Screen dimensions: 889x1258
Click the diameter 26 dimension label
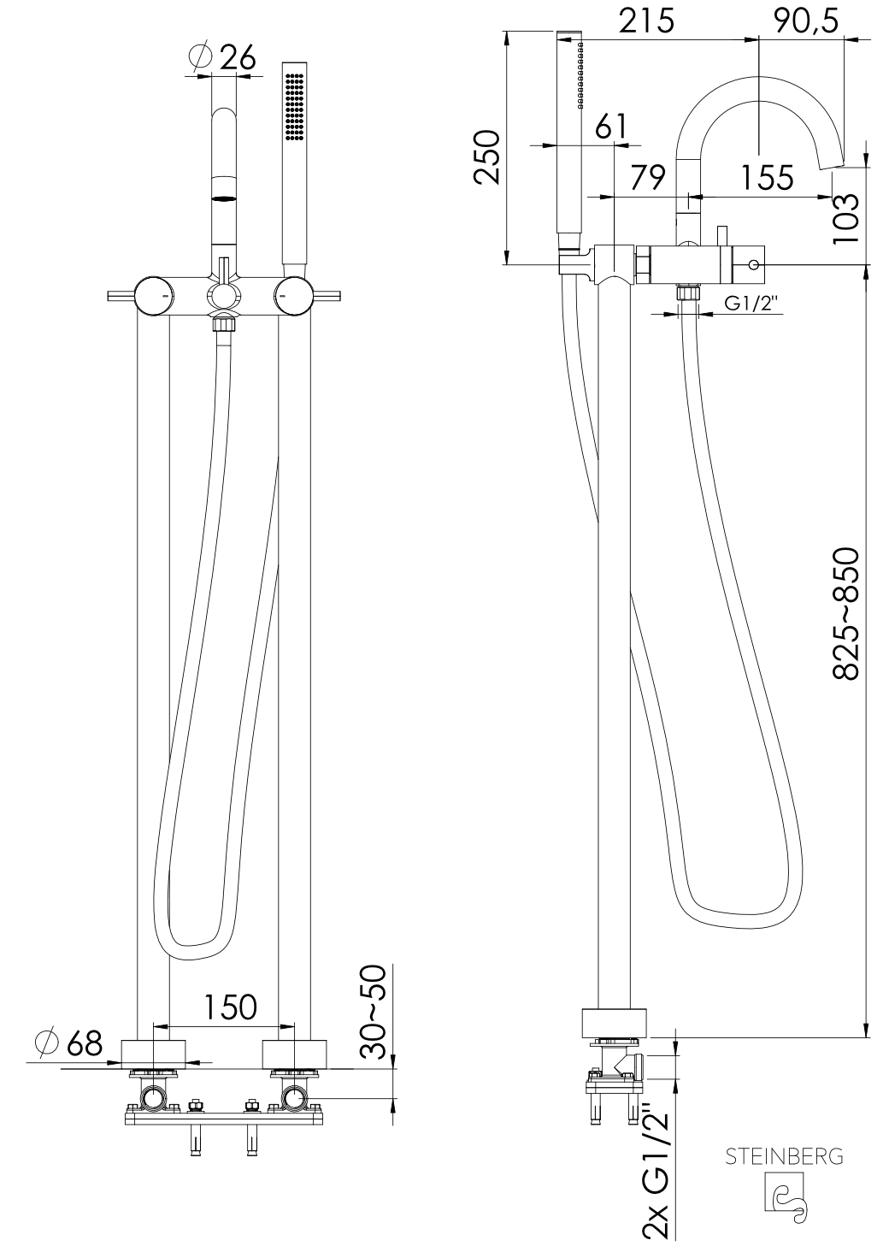point(223,56)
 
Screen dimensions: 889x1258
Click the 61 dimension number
point(610,127)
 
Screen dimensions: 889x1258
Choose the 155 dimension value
point(768,178)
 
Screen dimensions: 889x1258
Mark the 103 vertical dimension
point(845,217)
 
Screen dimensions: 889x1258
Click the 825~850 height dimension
point(845,614)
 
